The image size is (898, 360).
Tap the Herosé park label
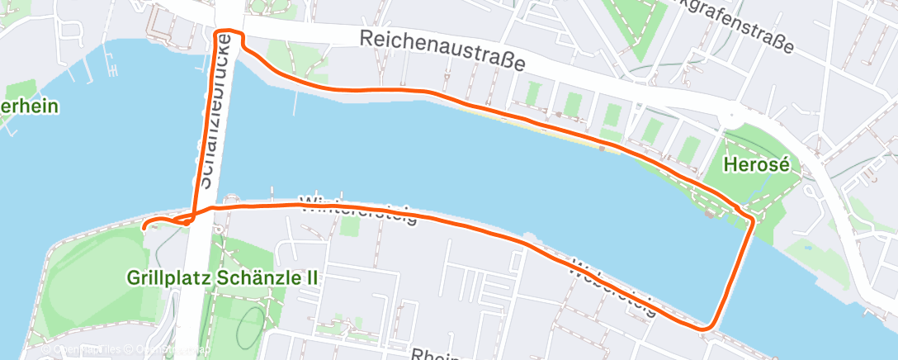pos(750,164)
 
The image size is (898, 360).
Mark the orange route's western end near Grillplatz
pos(144,225)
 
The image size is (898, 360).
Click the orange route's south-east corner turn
pos(704,329)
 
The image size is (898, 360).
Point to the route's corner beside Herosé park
pos(750,219)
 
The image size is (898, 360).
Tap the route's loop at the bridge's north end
pos(229,34)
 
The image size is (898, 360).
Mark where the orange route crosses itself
pos(191,220)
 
